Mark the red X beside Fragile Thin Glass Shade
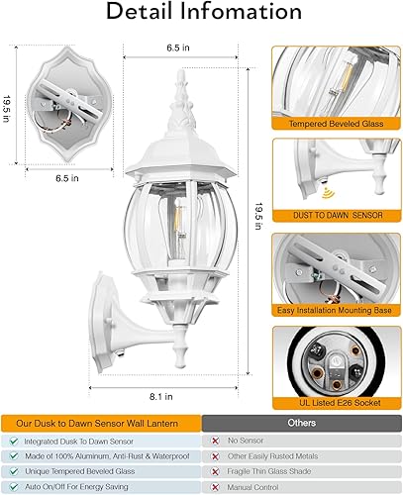(x=215, y=472)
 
